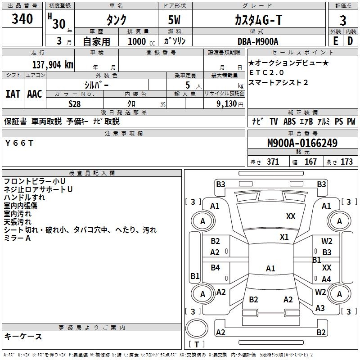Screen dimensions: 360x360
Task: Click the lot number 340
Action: [22, 19]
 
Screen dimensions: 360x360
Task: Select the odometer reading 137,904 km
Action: [52, 65]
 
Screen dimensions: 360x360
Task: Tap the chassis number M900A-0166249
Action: [302, 144]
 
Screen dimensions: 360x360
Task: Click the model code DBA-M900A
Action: [258, 41]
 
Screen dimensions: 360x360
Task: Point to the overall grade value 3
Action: [343, 21]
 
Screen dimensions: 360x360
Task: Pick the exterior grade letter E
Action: [336, 41]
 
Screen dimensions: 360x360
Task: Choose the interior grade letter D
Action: [350, 41]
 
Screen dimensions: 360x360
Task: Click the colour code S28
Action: [75, 103]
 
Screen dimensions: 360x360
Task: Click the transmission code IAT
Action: [13, 94]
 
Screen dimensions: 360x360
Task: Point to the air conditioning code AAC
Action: [35, 94]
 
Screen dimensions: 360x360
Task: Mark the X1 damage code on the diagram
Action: [284, 237]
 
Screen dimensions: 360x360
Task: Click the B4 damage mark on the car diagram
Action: [215, 268]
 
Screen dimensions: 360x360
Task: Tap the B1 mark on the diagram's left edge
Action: [195, 276]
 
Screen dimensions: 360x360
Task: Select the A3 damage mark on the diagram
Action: [320, 308]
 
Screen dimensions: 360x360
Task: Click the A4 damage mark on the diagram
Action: [326, 279]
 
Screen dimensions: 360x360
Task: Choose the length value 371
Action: [273, 162]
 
